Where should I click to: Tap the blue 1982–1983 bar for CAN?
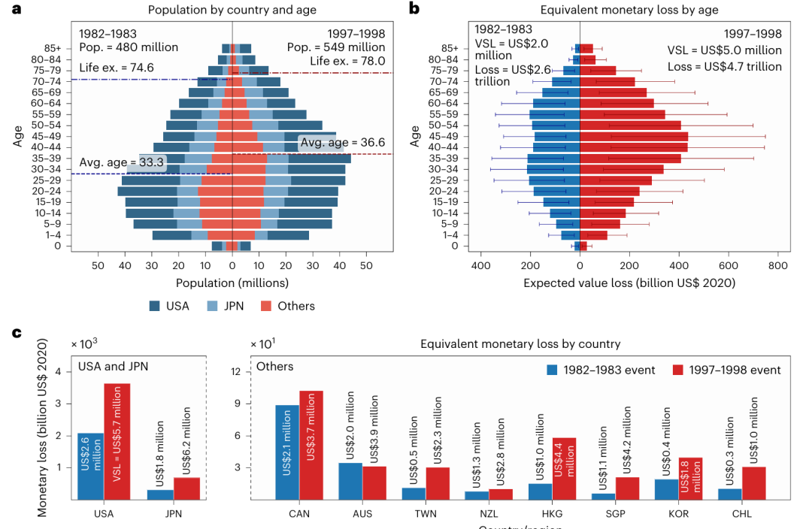point(287,452)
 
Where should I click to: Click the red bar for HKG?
point(564,468)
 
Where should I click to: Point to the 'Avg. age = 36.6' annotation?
point(342,142)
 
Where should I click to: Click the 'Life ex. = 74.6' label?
point(117,68)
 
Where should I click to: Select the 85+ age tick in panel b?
point(455,48)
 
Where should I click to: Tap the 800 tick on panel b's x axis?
point(777,265)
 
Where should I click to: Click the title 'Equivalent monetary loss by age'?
point(629,10)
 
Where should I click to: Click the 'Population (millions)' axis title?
point(232,283)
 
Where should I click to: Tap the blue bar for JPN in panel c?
point(160,494)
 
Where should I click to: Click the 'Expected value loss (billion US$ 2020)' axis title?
point(629,283)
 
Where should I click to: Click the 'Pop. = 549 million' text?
point(336,47)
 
